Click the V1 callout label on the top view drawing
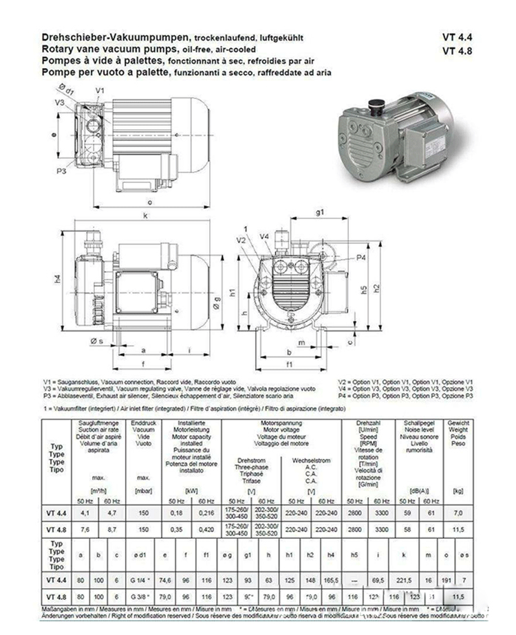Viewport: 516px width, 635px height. [x=99, y=90]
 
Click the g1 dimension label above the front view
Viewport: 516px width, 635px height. [x=319, y=213]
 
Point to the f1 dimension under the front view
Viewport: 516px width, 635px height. [x=289, y=364]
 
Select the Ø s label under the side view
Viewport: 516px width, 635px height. [x=96, y=340]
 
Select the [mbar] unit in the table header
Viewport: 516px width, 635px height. [x=142, y=490]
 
